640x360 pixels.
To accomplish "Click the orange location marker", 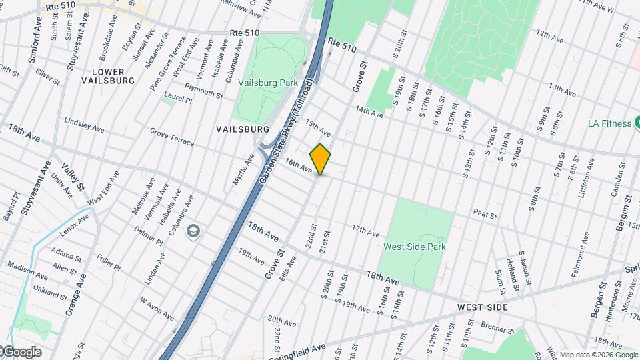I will pos(320,159).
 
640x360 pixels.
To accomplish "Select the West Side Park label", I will pos(414,247).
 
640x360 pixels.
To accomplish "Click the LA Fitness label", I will pos(609,123).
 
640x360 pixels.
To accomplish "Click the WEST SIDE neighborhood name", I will pos(483,307).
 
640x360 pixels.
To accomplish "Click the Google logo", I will pos(21,352).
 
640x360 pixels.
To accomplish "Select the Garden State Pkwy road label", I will pos(289,133).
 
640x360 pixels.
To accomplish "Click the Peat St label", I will pos(485,215).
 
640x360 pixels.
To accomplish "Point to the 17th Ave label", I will pos(366,231).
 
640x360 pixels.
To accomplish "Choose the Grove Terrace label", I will pos(172,138).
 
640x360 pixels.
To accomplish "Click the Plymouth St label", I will pos(203,91).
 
